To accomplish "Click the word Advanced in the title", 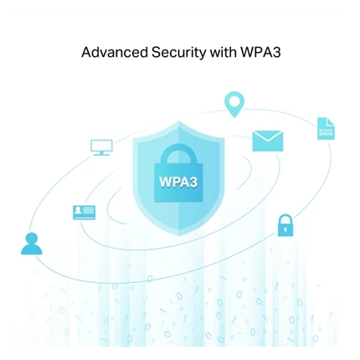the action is pyautogui.click(x=115, y=52).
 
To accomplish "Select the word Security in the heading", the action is pyautogui.click(x=178, y=53).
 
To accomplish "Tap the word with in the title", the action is pyautogui.click(x=223, y=52).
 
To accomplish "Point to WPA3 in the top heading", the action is pyautogui.click(x=260, y=52).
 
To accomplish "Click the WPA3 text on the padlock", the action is pyautogui.click(x=178, y=182).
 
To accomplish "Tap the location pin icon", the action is pyautogui.click(x=234, y=105).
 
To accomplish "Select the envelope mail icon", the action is pyautogui.click(x=268, y=141).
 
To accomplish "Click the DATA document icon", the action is pyautogui.click(x=326, y=128).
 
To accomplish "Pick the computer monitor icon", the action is pyautogui.click(x=101, y=147).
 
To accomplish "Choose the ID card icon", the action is pyautogui.click(x=84, y=213).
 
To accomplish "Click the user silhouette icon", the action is pyautogui.click(x=32, y=244).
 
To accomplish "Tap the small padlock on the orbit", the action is pyautogui.click(x=285, y=225).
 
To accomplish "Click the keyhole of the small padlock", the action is pyautogui.click(x=285, y=229).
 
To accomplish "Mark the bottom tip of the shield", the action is pyautogui.click(x=178, y=236).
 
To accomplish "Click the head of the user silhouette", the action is pyautogui.click(x=32, y=239).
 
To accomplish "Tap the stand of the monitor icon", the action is pyautogui.click(x=101, y=153).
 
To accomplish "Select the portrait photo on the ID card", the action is pyautogui.click(x=78, y=211).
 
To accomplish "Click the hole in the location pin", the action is pyautogui.click(x=234, y=101).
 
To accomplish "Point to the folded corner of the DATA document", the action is pyautogui.click(x=331, y=121).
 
